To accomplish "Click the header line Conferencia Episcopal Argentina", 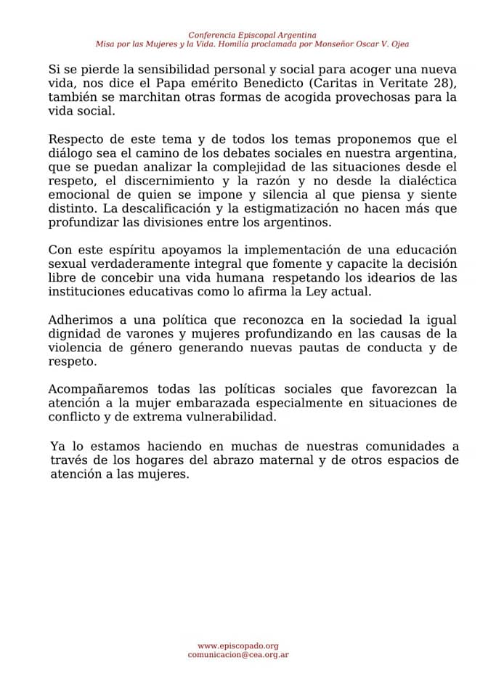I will click(252, 35).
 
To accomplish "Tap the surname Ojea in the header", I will click(399, 44).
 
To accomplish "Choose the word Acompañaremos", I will click(92, 390).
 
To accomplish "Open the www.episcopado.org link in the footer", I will click(238, 645).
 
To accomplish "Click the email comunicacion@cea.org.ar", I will click(238, 655).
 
